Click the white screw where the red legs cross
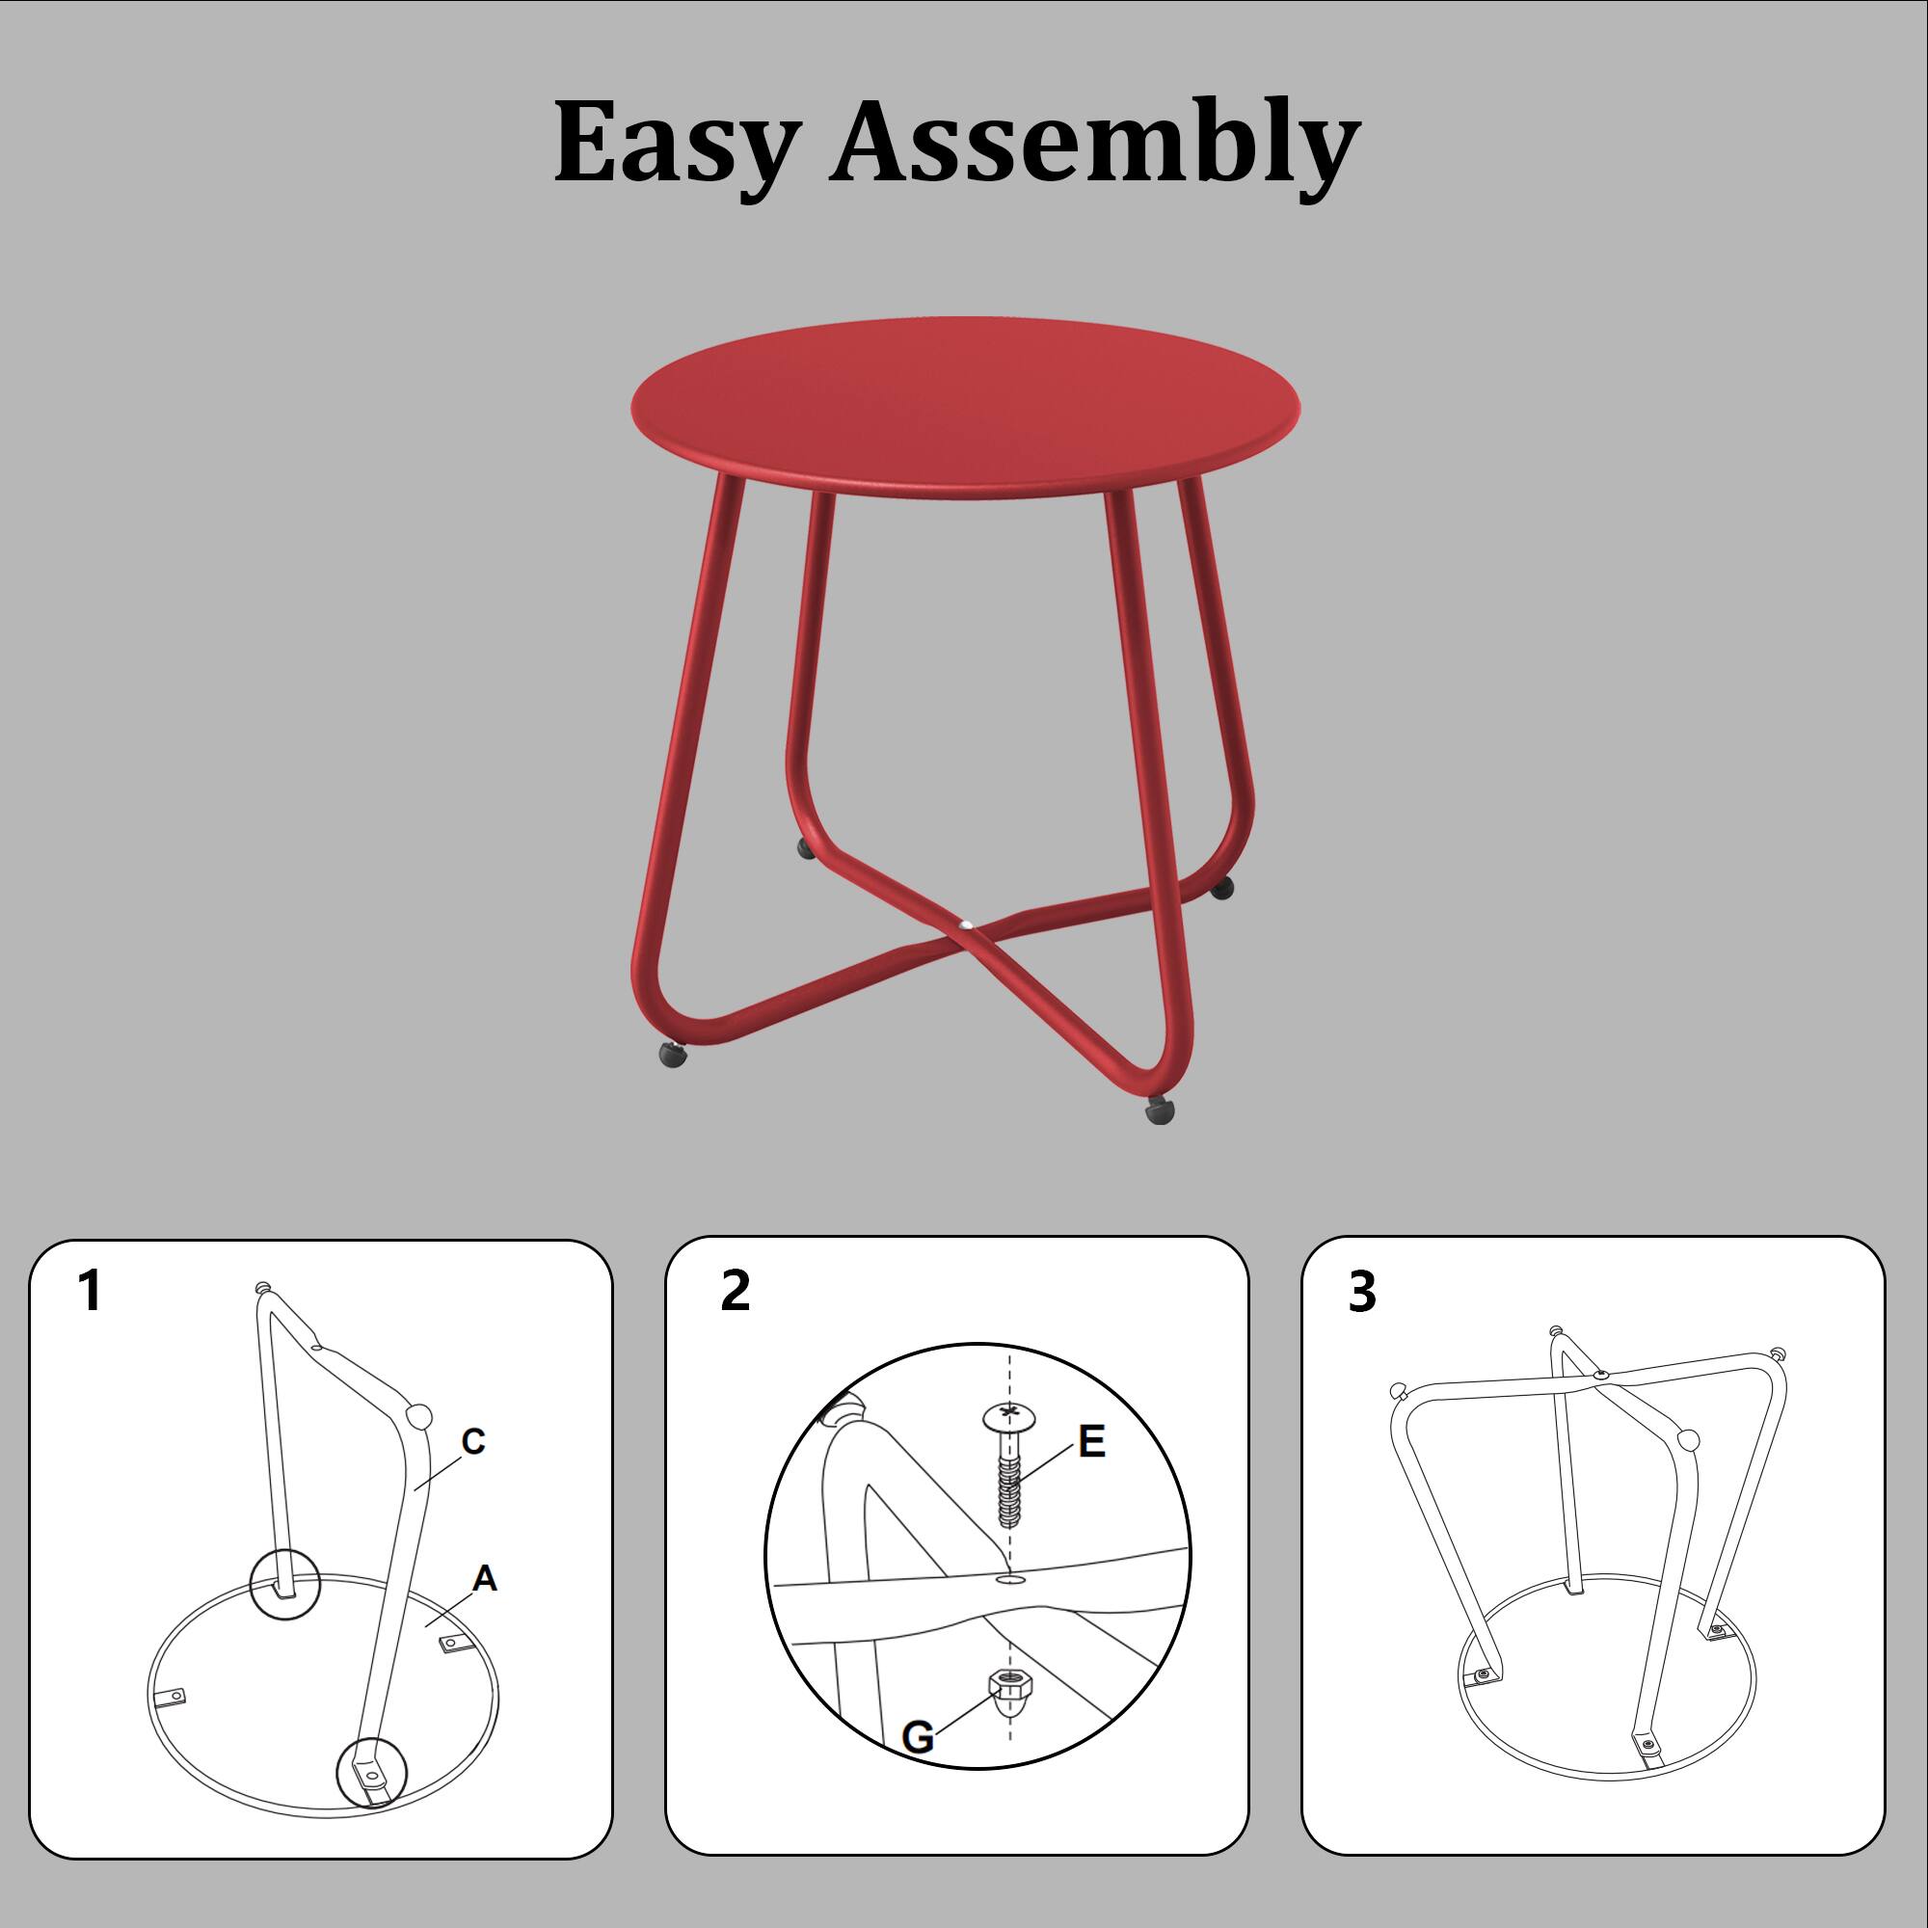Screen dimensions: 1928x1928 coord(965,927)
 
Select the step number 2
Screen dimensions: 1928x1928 coord(735,1292)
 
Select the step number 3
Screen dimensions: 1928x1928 coord(1361,1292)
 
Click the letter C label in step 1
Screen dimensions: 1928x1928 coord(473,1442)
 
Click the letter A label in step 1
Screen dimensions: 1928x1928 coord(485,1579)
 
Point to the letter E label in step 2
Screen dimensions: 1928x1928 coord(1093,1441)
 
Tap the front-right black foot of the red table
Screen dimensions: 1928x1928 coord(1160,1110)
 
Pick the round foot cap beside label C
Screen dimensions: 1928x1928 coord(419,1415)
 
